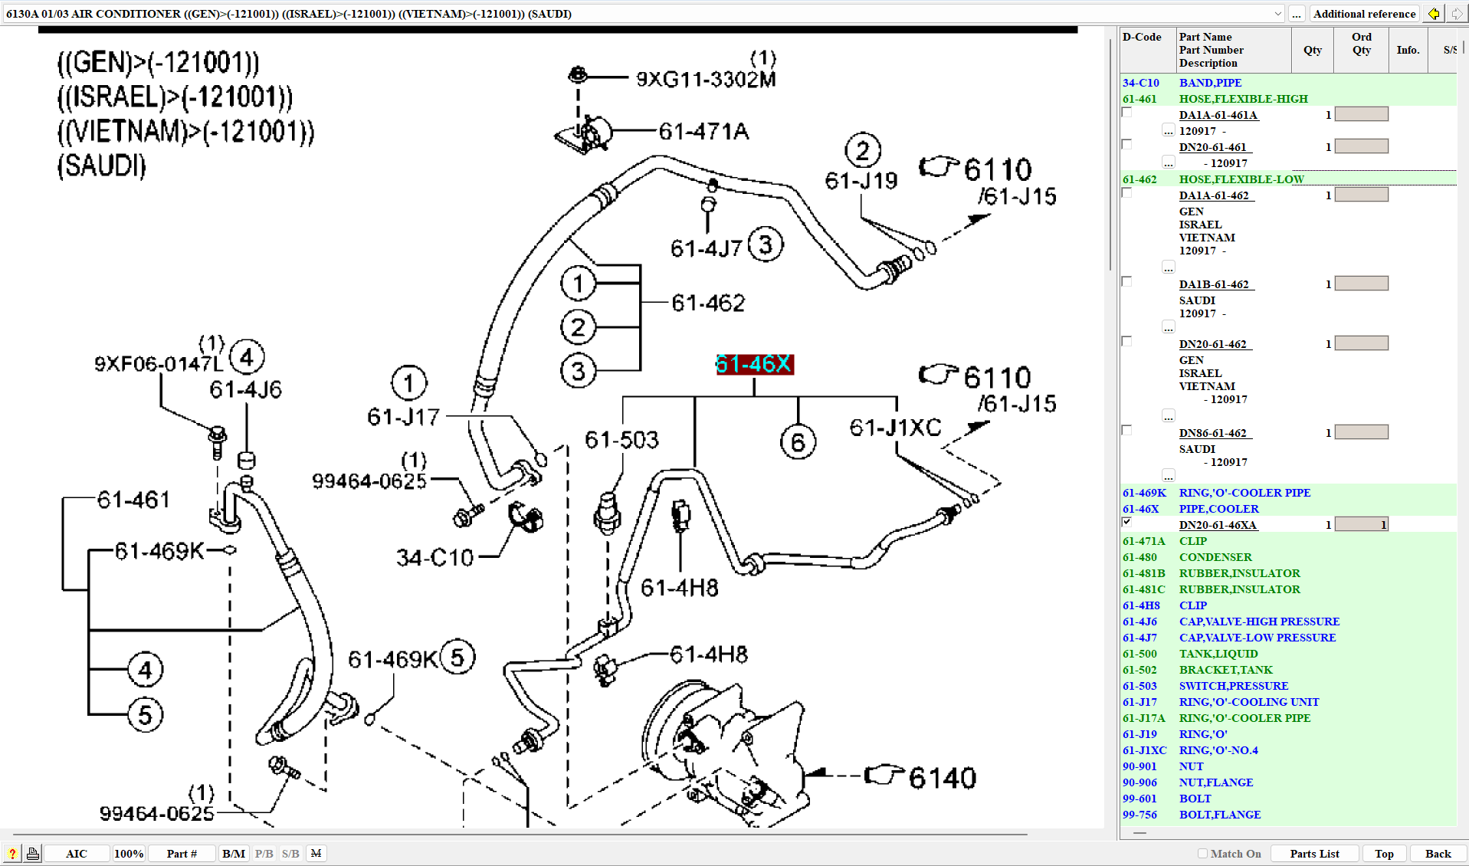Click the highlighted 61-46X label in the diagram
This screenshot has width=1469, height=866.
tap(754, 364)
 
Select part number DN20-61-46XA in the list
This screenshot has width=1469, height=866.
tap(1217, 525)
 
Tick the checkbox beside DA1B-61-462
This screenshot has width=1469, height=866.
tap(1126, 282)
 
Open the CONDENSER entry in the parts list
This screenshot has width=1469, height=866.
tap(1215, 557)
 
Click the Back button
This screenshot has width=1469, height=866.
tap(1438, 854)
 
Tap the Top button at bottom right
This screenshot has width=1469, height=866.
tap(1383, 854)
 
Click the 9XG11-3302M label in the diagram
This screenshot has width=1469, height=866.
tap(705, 79)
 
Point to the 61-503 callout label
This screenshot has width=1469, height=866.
tap(621, 440)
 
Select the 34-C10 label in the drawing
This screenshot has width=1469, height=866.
tap(434, 558)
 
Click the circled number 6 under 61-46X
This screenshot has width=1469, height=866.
tap(798, 442)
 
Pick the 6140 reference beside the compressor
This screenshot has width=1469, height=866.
tap(942, 778)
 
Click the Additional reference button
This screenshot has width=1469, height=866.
tap(1364, 14)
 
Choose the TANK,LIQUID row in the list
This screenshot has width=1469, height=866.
tap(1218, 654)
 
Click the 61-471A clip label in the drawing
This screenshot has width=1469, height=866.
tap(703, 132)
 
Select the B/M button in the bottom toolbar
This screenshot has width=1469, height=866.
tap(233, 854)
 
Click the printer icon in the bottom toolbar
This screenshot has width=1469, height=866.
tap(33, 854)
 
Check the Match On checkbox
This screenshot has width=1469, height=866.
tap(1202, 854)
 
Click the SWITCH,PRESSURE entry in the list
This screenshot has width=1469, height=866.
tap(1233, 686)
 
